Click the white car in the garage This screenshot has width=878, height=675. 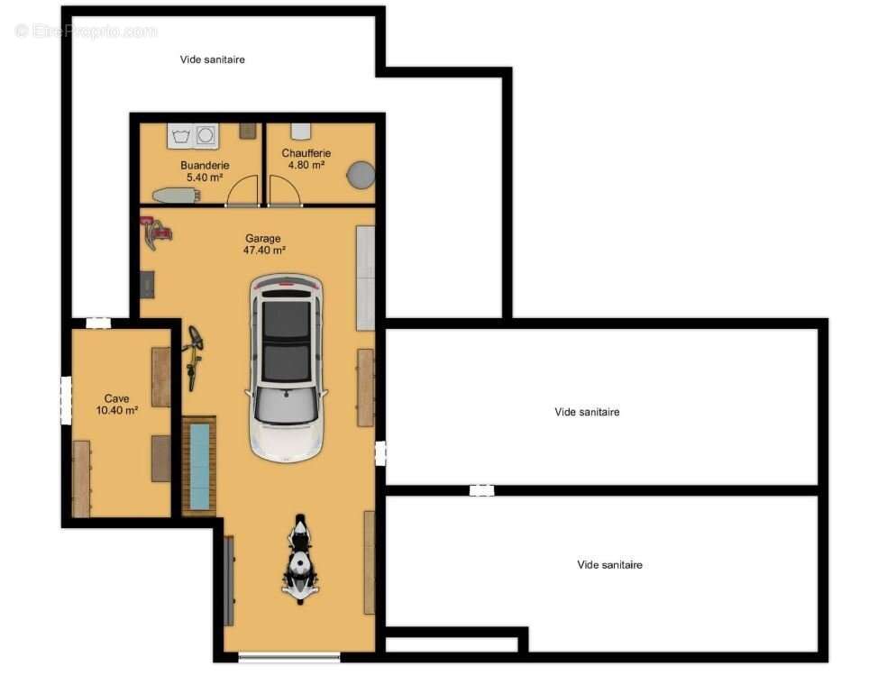point(286,368)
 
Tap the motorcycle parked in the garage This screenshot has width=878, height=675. point(301,559)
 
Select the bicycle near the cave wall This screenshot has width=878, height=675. point(193,357)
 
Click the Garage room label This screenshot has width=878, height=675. point(262,239)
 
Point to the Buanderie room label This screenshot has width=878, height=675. point(205,165)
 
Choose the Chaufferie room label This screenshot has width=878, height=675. point(306,153)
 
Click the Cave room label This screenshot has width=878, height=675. point(116,398)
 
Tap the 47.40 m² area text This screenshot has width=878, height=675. point(264,251)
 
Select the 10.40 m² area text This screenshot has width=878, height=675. point(117,410)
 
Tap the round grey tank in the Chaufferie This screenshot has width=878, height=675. point(361,175)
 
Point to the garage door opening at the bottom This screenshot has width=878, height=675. point(289,658)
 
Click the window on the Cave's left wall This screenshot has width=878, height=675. point(66,400)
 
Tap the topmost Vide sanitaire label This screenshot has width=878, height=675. point(212,59)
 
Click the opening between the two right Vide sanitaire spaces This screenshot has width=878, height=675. point(481,491)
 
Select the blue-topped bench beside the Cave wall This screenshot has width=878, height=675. point(199,466)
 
